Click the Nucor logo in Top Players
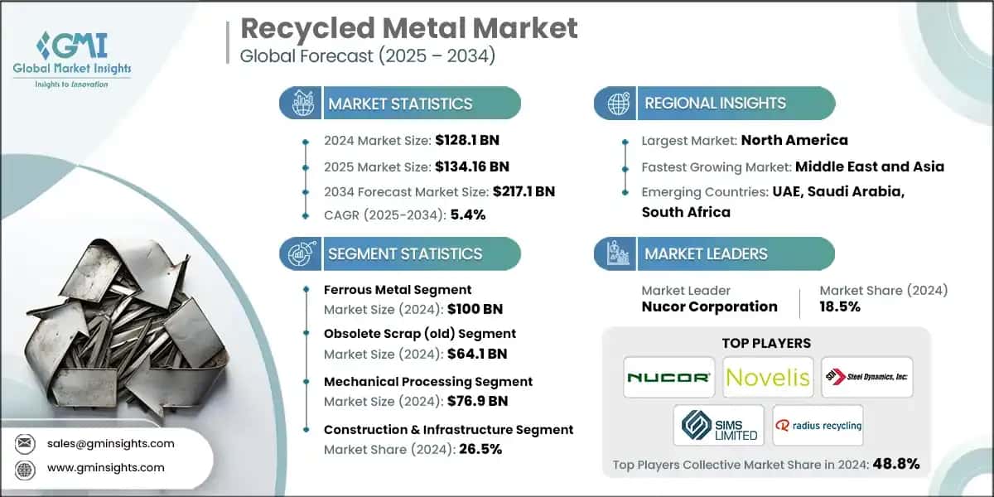pyautogui.click(x=669, y=378)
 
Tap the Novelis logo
pyautogui.click(x=767, y=378)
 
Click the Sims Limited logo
pyautogui.click(x=718, y=426)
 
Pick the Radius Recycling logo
pyautogui.click(x=817, y=426)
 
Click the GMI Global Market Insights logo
pyautogui.click(x=72, y=58)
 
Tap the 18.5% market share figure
pyautogui.click(x=840, y=306)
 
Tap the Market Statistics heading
pyautogui.click(x=400, y=104)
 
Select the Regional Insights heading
pyautogui.click(x=715, y=104)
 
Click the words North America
pyautogui.click(x=794, y=140)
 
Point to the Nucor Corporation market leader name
pyautogui.click(x=709, y=306)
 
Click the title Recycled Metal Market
pyautogui.click(x=408, y=29)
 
